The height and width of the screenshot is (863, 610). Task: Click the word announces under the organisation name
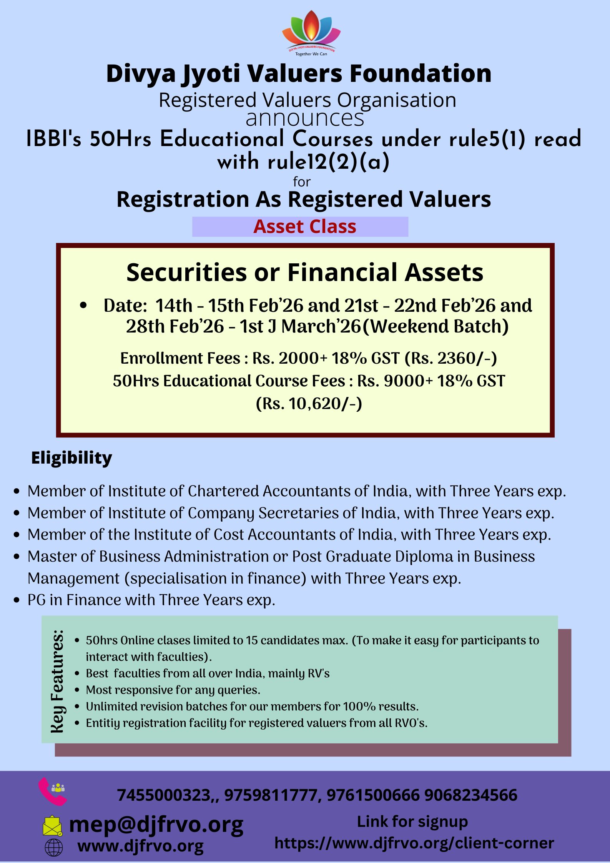pyautogui.click(x=305, y=118)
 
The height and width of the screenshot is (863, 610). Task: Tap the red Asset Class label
pyautogui.click(x=305, y=226)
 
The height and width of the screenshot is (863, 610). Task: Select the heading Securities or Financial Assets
pyautogui.click(x=305, y=272)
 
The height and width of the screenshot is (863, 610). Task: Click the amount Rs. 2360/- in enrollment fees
pyautogui.click(x=451, y=358)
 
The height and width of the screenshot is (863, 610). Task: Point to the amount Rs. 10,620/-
pyautogui.click(x=309, y=404)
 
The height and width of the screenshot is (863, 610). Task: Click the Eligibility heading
pyautogui.click(x=71, y=458)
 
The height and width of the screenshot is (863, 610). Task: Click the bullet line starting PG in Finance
pyautogui.click(x=151, y=600)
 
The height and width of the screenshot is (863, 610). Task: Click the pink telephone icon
pyautogui.click(x=53, y=791)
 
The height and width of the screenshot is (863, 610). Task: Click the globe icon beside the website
pyautogui.click(x=54, y=847)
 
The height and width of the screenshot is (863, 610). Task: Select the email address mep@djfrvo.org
pyautogui.click(x=156, y=825)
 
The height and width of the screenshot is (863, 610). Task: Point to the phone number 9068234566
pyautogui.click(x=471, y=795)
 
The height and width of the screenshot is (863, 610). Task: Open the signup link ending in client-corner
pyautogui.click(x=414, y=843)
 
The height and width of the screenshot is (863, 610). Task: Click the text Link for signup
pyautogui.click(x=412, y=822)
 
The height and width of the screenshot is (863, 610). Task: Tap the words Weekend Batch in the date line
pyautogui.click(x=436, y=327)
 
